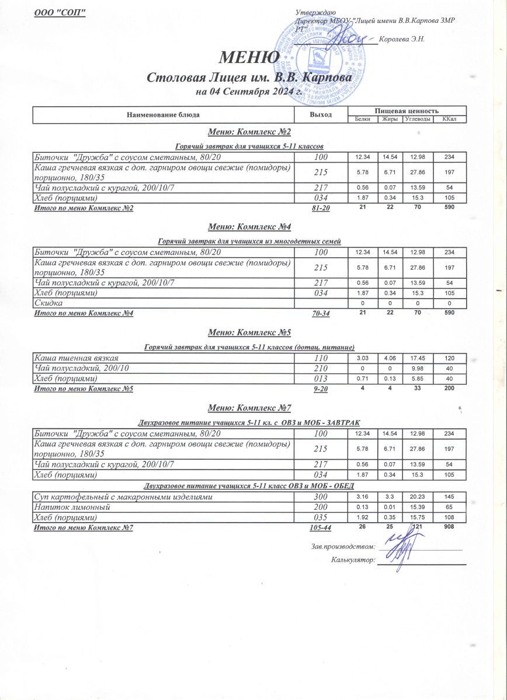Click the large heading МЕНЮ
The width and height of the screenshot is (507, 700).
pos(248,58)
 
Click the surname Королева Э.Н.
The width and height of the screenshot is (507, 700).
pos(401,39)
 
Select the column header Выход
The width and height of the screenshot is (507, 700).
pos(321,114)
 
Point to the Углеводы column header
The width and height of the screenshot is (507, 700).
pos(418,119)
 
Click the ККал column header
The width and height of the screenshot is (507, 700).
pos(449,119)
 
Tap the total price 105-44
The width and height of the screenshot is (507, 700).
pos(320,527)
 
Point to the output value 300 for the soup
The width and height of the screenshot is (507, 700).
pos(320,496)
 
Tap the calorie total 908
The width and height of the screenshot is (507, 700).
pos(449,527)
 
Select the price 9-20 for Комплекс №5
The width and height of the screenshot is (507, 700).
pos(320,388)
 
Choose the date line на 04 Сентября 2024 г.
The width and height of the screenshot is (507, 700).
pos(248,92)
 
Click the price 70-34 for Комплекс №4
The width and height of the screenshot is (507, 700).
pos(320,313)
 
